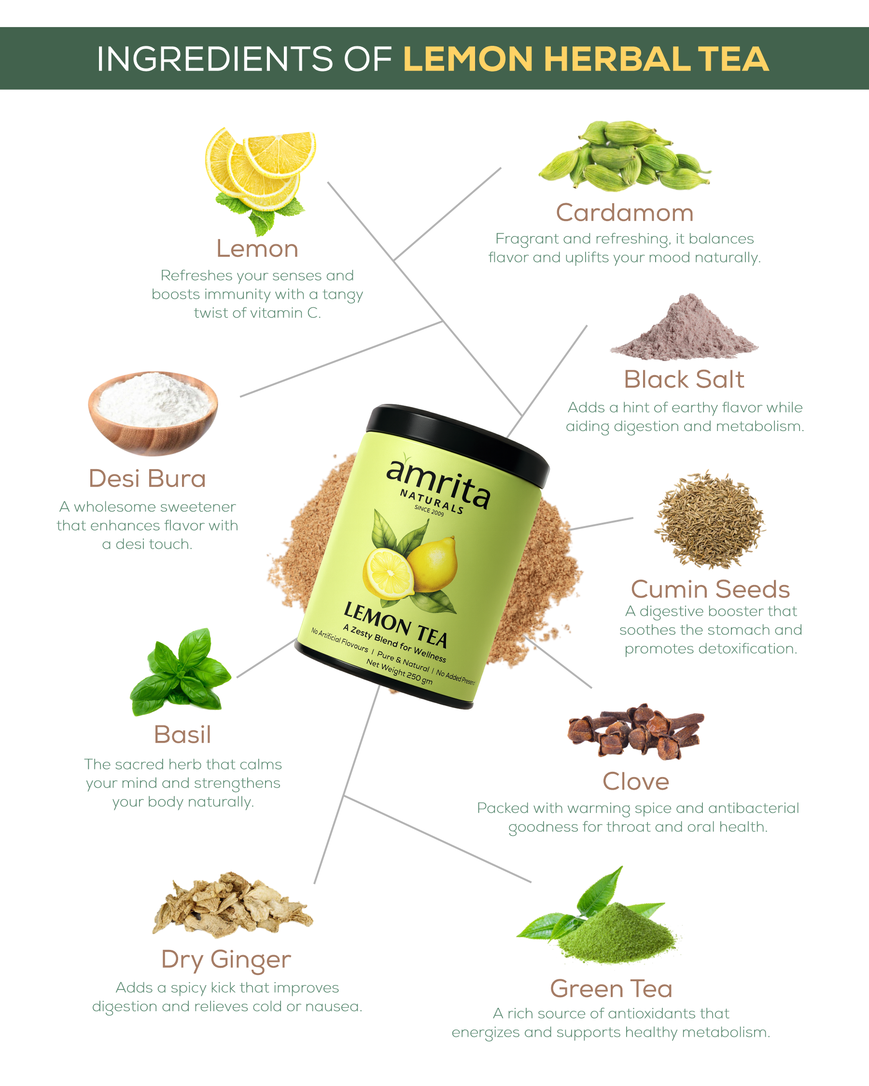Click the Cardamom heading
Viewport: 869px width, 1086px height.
point(625,212)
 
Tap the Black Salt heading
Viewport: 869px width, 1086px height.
point(684,379)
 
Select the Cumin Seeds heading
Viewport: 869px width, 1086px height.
point(710,589)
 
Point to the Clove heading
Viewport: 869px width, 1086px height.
point(636,781)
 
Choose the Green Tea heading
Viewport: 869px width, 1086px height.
point(611,989)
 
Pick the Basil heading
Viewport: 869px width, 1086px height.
point(182,735)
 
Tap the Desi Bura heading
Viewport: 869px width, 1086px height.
point(147,478)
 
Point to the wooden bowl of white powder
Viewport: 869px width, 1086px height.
point(153,413)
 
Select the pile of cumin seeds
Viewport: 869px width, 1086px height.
point(710,520)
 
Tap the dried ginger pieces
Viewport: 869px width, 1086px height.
point(232,905)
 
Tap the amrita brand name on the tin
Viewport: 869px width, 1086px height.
point(438,482)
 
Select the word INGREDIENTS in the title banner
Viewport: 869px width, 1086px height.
point(215,59)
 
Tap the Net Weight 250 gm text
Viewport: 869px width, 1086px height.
point(399,672)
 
